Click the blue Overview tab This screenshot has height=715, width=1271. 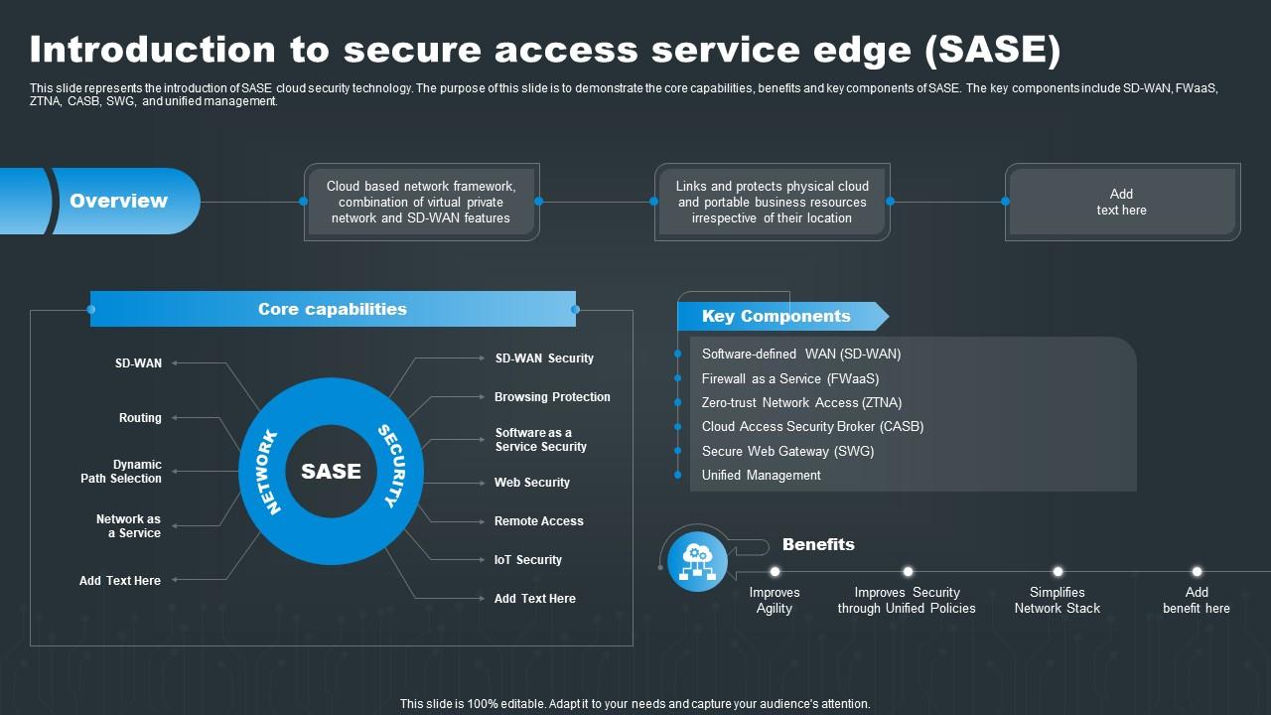(119, 201)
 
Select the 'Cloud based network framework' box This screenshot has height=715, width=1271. (421, 202)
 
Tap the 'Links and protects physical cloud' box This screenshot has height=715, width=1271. (772, 202)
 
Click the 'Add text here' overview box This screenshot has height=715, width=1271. (1121, 202)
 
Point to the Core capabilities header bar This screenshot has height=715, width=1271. (333, 309)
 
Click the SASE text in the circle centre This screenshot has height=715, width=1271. (331, 472)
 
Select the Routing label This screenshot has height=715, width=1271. (140, 418)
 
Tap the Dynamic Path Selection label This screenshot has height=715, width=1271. (122, 472)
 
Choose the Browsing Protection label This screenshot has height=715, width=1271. (552, 397)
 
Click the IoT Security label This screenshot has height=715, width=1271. (528, 560)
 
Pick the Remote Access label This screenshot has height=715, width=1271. (539, 521)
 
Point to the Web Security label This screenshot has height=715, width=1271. (532, 483)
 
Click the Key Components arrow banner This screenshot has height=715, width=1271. (777, 316)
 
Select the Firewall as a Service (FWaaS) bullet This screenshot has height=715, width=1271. (790, 378)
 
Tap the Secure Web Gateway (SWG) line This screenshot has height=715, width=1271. (787, 451)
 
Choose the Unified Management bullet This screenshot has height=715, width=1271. (761, 476)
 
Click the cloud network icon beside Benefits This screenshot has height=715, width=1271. (697, 561)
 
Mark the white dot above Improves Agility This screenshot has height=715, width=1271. (775, 571)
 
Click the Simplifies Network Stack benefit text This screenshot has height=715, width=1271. (1057, 600)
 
